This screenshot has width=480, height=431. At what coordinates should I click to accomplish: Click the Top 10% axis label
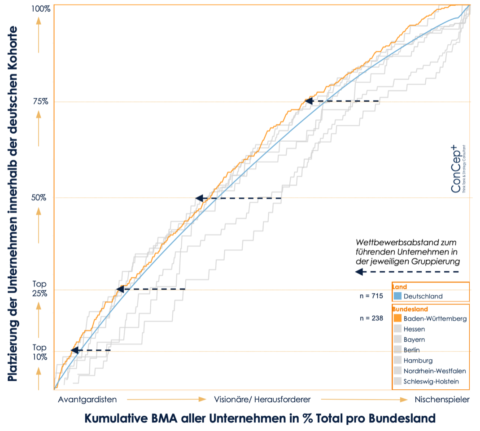click(x=39, y=353)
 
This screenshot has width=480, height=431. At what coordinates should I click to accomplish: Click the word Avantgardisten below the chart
click(x=87, y=399)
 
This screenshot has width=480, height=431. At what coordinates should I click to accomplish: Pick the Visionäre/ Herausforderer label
click(x=262, y=399)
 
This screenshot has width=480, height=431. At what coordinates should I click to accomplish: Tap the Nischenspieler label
click(x=442, y=399)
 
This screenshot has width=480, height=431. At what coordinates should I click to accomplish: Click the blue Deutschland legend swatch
click(x=397, y=296)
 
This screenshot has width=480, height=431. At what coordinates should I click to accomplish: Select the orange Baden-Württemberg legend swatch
click(x=397, y=318)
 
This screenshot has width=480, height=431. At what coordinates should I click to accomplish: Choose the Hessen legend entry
click(x=414, y=329)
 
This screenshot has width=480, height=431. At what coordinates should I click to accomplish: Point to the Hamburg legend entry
click(x=418, y=361)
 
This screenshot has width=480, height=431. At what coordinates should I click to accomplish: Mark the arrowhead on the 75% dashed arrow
click(x=308, y=101)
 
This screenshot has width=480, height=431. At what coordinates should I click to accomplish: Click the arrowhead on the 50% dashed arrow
click(x=199, y=198)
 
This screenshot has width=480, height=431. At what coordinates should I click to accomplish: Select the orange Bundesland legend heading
click(x=410, y=309)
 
